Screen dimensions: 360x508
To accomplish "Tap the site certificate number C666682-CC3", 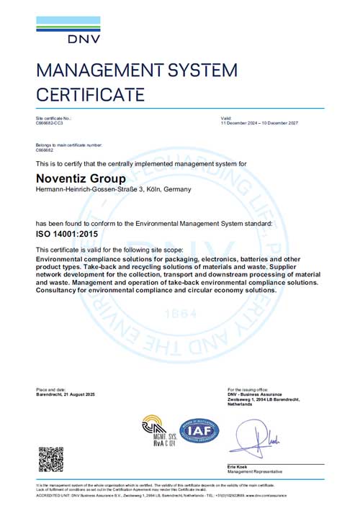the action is pos(49,124).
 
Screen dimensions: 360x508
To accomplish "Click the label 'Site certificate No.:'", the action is pos(54,117).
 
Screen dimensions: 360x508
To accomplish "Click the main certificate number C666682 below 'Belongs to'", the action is pos(45,151).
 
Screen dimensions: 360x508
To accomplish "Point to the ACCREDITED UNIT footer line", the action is pos(161,495).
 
